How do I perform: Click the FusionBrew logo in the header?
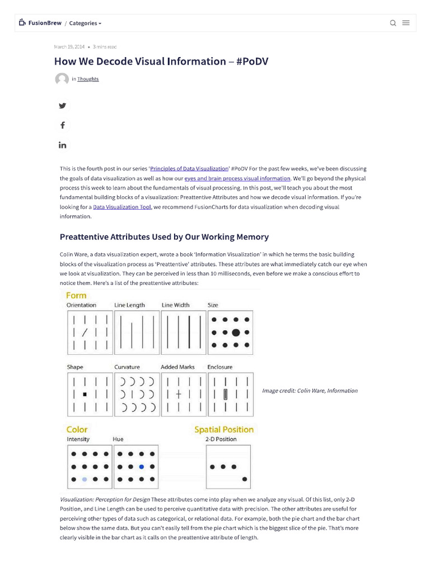tap(40, 23)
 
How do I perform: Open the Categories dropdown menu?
tap(85, 24)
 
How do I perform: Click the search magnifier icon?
tap(393, 23)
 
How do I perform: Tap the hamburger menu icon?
tap(406, 23)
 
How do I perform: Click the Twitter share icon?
tap(62, 105)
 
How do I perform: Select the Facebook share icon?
tap(62, 125)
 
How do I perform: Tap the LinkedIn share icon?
tap(62, 145)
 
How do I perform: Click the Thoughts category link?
tap(88, 79)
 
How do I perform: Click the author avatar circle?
tap(62, 79)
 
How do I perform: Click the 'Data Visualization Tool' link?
tap(122, 207)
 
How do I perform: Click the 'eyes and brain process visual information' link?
tap(237, 178)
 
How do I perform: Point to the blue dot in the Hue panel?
tap(141, 466)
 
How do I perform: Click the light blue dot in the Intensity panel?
tap(85, 479)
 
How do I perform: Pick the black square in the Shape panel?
tap(85, 394)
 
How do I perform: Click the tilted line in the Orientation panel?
tap(85, 332)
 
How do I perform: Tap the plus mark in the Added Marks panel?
tap(179, 394)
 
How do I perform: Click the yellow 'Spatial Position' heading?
tap(223, 429)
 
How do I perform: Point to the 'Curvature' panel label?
tap(127, 367)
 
